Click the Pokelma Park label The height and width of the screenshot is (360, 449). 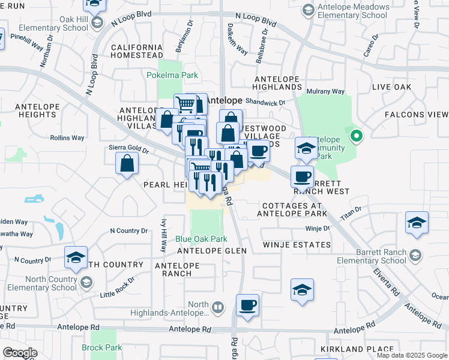point(173,76)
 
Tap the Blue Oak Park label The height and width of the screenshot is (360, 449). point(202,239)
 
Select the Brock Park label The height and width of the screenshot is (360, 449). point(102,347)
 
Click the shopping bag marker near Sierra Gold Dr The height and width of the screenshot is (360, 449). point(127,163)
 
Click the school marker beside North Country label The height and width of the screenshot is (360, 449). point(76,258)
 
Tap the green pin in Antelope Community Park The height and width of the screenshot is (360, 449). point(357,137)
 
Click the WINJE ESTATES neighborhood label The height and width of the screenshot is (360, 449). point(297,245)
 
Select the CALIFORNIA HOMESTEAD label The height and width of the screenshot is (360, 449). point(137,52)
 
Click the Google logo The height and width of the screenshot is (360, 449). point(19,353)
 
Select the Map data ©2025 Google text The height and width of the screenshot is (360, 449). point(411,355)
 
